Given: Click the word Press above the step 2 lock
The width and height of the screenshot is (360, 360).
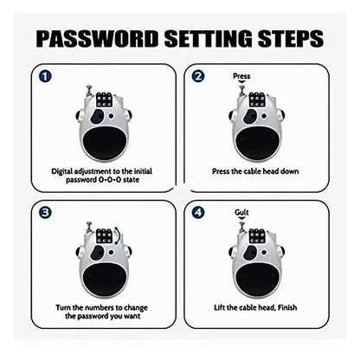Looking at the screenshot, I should tap(242, 76).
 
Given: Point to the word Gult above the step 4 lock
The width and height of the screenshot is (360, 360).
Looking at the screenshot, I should tap(241, 211).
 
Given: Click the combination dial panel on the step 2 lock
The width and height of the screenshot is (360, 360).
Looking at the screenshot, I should tap(257, 100).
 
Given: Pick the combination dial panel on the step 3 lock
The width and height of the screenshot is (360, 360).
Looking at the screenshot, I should tap(104, 235).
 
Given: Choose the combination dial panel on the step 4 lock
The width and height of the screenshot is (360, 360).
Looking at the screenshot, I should tap(257, 235).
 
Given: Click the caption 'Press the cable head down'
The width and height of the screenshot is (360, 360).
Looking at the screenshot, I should tap(257, 172).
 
